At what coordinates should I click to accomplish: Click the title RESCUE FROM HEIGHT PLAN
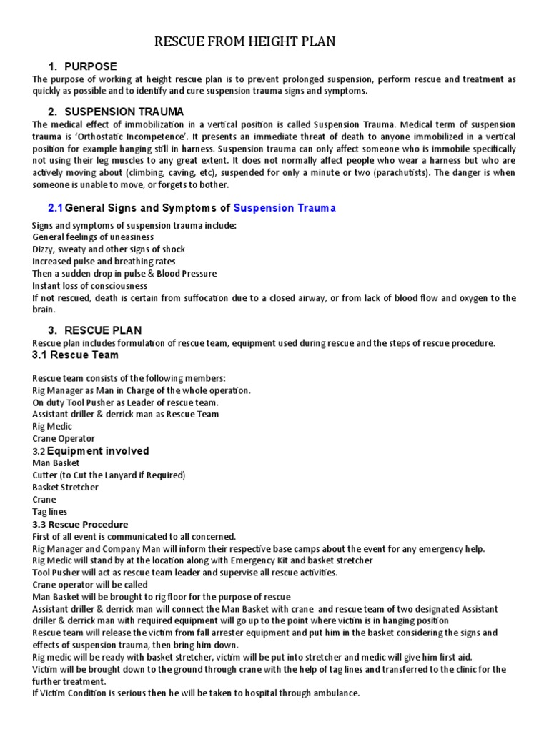(245, 43)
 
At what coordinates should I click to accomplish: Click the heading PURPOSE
(91, 66)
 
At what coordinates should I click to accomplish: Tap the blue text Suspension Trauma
(285, 208)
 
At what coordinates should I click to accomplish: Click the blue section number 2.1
(55, 208)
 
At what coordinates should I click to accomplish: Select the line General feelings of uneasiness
(93, 237)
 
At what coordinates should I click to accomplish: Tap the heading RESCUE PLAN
(103, 330)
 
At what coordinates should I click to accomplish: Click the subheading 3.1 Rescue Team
(76, 355)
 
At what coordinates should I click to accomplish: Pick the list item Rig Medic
(52, 427)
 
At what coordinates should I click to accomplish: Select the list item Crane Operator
(64, 439)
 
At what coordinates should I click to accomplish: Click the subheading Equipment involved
(98, 451)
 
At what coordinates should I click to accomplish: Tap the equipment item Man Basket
(56, 463)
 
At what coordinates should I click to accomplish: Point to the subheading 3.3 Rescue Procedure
(81, 524)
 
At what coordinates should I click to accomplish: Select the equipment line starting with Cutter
(109, 475)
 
